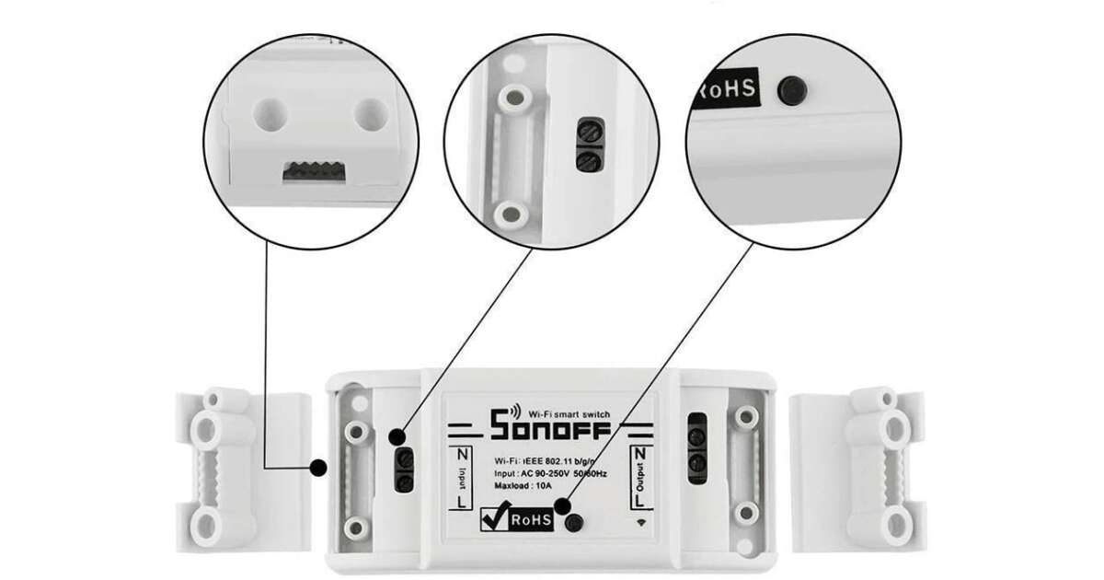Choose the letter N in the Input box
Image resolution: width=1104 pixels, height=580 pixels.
(462, 454)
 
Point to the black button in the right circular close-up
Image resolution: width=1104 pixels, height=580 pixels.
(789, 90)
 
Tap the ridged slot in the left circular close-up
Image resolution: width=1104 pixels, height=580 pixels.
(310, 170)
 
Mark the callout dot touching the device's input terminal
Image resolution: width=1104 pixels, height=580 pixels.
(394, 436)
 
